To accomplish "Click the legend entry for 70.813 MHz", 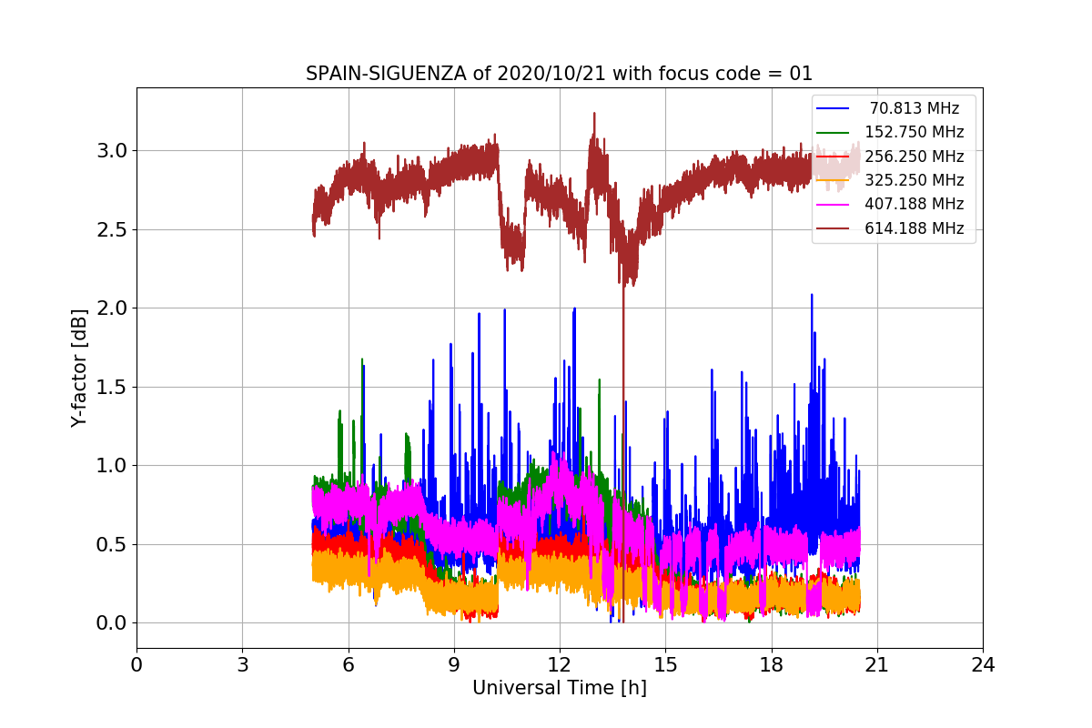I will [x=914, y=108].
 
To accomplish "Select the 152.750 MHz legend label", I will [x=914, y=132].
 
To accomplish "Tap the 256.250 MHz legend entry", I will [x=914, y=157].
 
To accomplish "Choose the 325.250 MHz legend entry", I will [x=914, y=180].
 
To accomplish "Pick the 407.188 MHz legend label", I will [x=914, y=205].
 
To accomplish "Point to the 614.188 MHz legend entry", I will [x=914, y=228].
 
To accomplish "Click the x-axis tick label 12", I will [x=560, y=665].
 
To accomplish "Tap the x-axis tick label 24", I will [x=983, y=665].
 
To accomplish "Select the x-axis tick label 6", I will [x=348, y=665].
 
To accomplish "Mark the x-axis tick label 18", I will [x=771, y=665].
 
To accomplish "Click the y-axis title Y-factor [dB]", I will [x=80, y=369].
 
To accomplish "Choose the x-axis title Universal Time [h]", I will [x=559, y=689].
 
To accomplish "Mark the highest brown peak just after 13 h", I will [x=594, y=114].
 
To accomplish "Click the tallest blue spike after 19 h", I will [x=812, y=296].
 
